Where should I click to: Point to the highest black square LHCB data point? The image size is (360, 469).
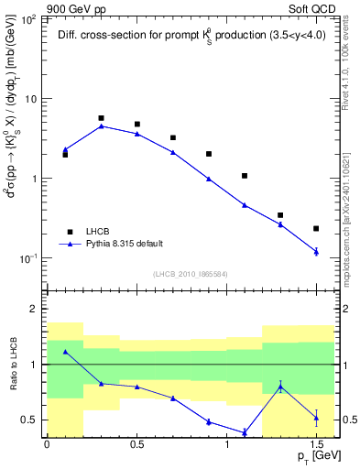(101, 118)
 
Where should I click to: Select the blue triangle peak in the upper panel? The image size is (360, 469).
(101, 125)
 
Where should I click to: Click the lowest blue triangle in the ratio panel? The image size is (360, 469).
(245, 432)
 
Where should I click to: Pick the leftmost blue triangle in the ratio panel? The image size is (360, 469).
(65, 352)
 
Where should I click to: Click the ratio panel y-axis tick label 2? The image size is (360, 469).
(33, 310)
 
